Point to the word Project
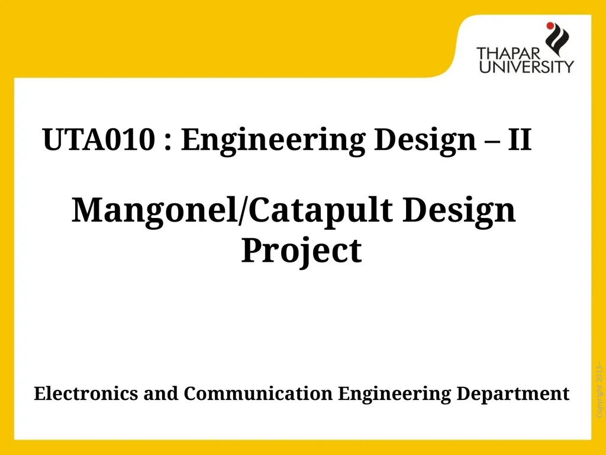coord(301,251)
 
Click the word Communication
coord(259,393)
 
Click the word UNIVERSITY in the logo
coord(526,66)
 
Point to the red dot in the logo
coord(550,25)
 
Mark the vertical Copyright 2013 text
coord(599,388)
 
